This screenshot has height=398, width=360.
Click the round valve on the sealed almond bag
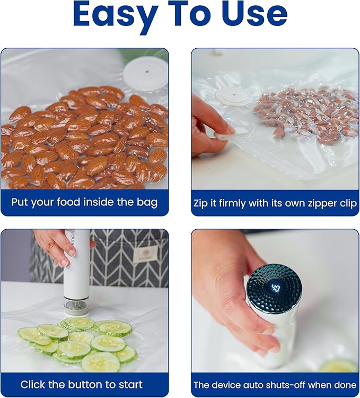tap(234, 97)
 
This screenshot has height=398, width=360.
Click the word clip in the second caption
tap(348, 204)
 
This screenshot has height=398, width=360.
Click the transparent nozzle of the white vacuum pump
tap(76, 306)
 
